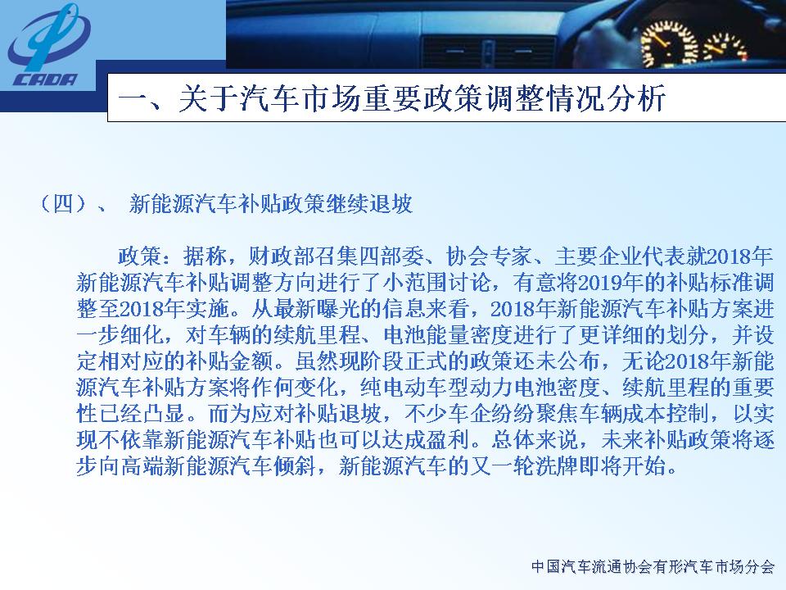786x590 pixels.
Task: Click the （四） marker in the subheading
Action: click(63, 204)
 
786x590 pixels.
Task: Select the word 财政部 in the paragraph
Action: click(281, 256)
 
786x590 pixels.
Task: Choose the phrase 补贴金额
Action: click(229, 361)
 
